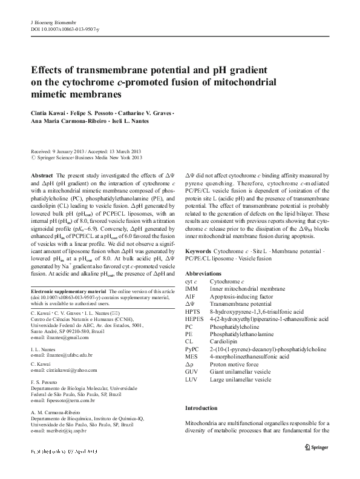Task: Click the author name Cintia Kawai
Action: pyautogui.click(x=47, y=113)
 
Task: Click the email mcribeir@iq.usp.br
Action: pyautogui.click(x=59, y=431)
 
